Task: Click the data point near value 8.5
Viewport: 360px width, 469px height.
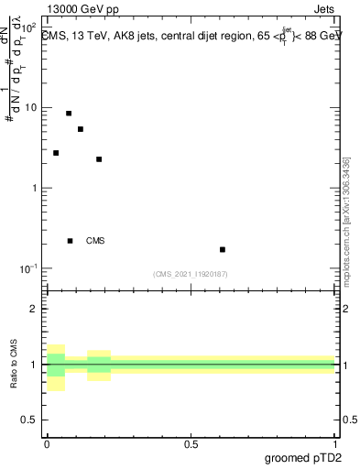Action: pyautogui.click(x=69, y=114)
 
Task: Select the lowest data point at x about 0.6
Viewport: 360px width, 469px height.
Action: pyautogui.click(x=223, y=249)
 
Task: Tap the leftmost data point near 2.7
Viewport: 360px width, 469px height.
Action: pyautogui.click(x=56, y=153)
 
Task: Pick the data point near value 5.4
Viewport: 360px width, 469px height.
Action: pyautogui.click(x=81, y=129)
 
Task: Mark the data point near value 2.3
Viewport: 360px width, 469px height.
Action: pyautogui.click(x=99, y=159)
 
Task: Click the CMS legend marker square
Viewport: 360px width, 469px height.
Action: pyautogui.click(x=70, y=241)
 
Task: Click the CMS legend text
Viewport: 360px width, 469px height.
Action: pyautogui.click(x=95, y=241)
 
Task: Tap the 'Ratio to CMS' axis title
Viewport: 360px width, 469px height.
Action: pyautogui.click(x=15, y=364)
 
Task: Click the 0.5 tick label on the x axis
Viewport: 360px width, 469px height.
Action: pyautogui.click(x=191, y=443)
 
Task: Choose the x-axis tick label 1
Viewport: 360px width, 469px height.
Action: pyautogui.click(x=335, y=443)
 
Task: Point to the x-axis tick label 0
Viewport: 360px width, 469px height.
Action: pyautogui.click(x=47, y=443)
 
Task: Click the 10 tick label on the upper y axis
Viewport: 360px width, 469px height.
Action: pyautogui.click(x=31, y=107)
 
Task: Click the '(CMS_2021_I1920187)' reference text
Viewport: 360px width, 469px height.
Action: pyautogui.click(x=191, y=274)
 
